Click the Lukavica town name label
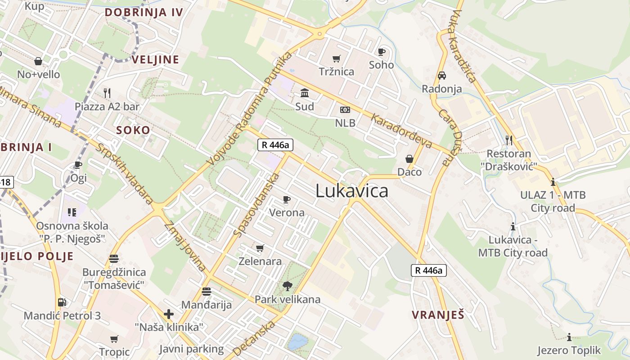tap(351, 191)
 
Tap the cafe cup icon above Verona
tap(287, 199)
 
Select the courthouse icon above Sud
tap(305, 93)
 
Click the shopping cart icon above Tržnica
tap(337, 58)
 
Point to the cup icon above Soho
tap(382, 52)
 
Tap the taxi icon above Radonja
tap(442, 76)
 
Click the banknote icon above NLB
tap(345, 110)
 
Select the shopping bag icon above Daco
tap(409, 159)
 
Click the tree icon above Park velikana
tap(287, 285)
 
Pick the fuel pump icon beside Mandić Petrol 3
tap(62, 302)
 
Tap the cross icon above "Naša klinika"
tap(169, 314)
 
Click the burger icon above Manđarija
tap(207, 292)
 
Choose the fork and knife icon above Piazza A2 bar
tap(107, 93)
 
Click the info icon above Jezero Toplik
tap(569, 337)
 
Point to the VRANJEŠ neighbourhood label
tap(438, 315)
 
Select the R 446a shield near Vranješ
tap(429, 270)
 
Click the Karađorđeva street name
tap(401, 130)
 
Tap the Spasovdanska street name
tap(257, 205)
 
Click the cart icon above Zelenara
tap(260, 248)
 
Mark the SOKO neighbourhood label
tap(133, 130)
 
